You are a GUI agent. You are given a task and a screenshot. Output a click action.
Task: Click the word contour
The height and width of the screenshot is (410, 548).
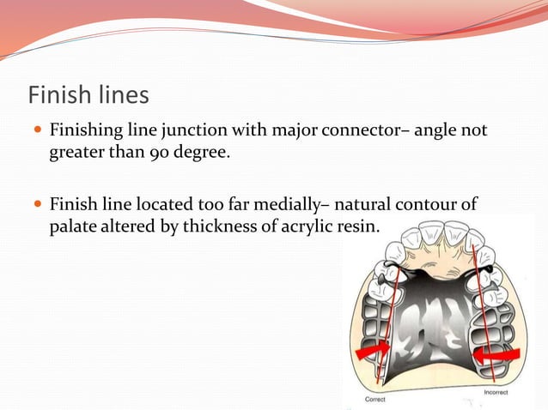tap(440, 206)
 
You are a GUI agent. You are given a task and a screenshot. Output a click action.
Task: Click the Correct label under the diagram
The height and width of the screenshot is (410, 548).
tap(375, 399)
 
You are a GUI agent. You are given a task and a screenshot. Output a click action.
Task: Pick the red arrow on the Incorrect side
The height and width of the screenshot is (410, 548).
tap(502, 353)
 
